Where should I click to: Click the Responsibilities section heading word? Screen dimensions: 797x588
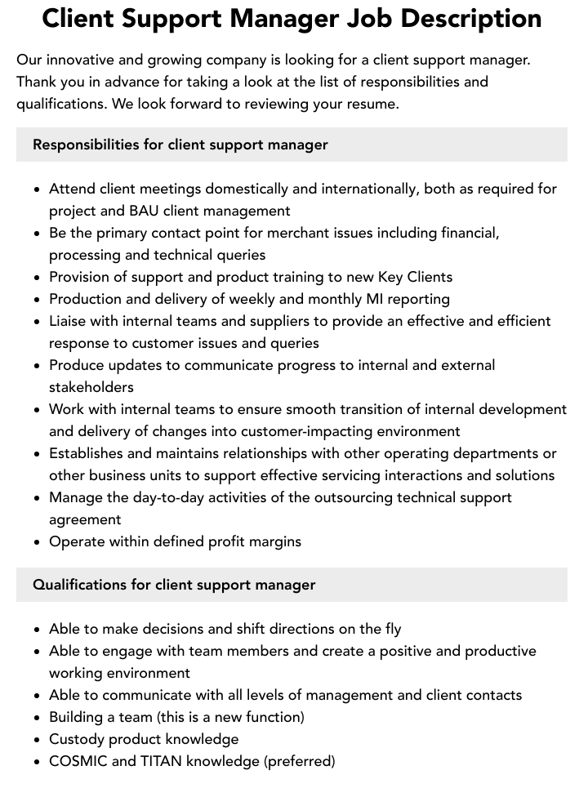click(86, 145)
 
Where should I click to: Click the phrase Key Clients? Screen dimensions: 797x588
click(415, 277)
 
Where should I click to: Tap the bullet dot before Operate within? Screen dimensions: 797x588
click(38, 542)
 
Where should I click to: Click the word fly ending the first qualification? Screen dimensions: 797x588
click(392, 629)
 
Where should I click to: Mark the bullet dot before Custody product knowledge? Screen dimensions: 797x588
click(38, 740)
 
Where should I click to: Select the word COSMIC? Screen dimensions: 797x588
click(78, 761)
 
